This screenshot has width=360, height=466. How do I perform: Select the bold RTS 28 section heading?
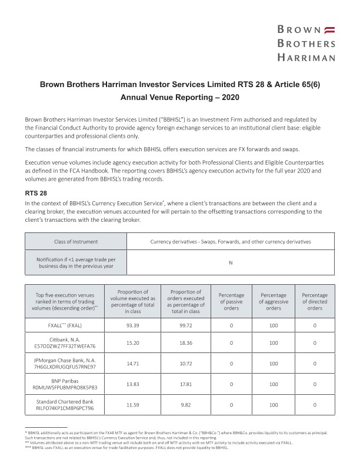pos(35,192)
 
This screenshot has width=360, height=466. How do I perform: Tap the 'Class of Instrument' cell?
pos(76,241)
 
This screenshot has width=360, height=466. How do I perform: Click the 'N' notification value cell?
pos(231,262)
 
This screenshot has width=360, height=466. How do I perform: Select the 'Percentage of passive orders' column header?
pos(231,301)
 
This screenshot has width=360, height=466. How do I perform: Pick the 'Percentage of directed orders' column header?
pos(315,301)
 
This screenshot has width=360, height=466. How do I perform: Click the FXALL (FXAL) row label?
pos(65,325)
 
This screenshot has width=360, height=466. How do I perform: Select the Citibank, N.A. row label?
pos(65,342)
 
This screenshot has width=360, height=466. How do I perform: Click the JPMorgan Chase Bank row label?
pos(65,363)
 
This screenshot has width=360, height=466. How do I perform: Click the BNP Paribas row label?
pos(65,384)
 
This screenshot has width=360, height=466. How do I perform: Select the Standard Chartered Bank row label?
pos(65,404)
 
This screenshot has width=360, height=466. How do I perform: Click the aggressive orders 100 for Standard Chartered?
pos(274,404)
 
